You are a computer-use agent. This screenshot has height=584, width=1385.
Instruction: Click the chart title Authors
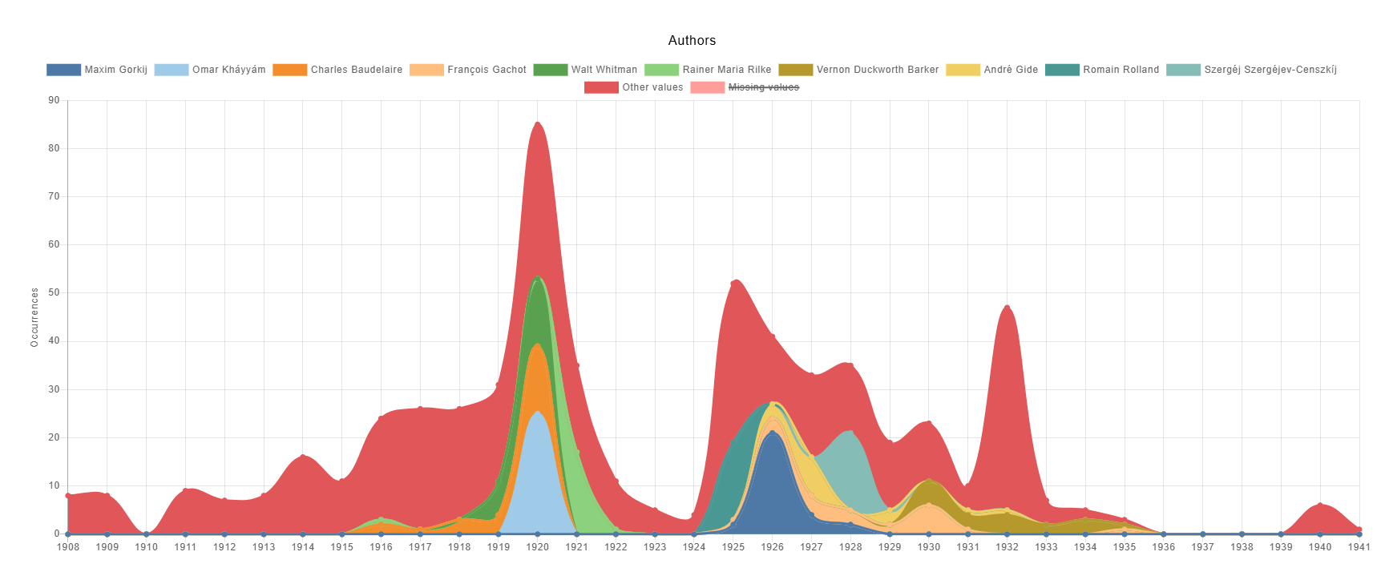[692, 40]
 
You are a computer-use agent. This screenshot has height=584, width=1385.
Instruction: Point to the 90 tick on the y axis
[54, 100]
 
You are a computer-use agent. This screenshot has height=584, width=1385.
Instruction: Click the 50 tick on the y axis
[54, 293]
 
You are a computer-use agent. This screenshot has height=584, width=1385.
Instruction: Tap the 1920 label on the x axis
[537, 547]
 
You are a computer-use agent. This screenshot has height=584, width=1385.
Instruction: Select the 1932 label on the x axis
[1007, 547]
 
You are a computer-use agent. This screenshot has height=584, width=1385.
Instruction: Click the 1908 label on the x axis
[68, 547]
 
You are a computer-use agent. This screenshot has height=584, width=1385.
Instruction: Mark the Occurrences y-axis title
[34, 317]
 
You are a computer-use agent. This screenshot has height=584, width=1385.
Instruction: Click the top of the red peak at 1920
[537, 123]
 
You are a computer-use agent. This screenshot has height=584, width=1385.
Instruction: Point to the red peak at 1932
[1007, 307]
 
